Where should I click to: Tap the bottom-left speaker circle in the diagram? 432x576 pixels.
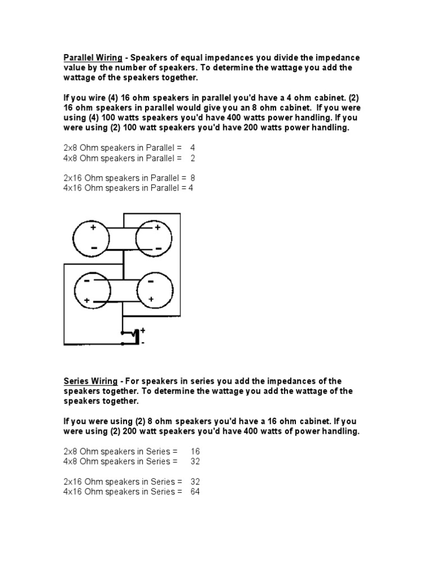93,291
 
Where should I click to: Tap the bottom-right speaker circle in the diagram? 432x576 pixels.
154,291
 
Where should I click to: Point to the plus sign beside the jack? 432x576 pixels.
143,331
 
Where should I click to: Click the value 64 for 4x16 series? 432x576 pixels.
195,492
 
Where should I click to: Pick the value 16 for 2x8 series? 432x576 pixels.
195,451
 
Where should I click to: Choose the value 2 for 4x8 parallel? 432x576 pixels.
193,158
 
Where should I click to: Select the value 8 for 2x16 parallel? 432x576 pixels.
193,178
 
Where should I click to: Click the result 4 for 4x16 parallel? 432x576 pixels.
191,188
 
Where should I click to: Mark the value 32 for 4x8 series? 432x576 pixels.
195,461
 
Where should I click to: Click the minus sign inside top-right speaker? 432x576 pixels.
159,248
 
